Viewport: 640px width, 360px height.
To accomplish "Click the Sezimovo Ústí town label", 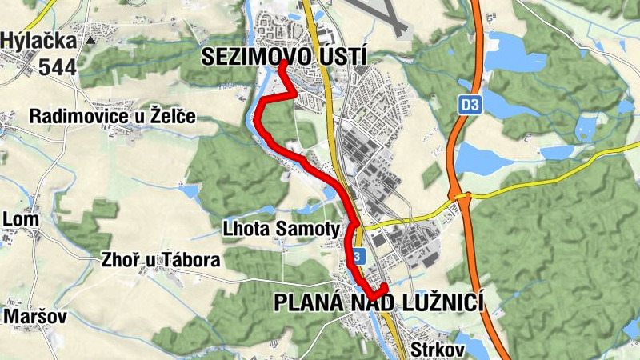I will (284, 56).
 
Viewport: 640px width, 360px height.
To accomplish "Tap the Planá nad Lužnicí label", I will (381, 302).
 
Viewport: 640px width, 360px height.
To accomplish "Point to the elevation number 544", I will (55, 66).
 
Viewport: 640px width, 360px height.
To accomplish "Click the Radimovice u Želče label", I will (112, 117).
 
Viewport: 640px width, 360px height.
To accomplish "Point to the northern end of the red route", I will (283, 62).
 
